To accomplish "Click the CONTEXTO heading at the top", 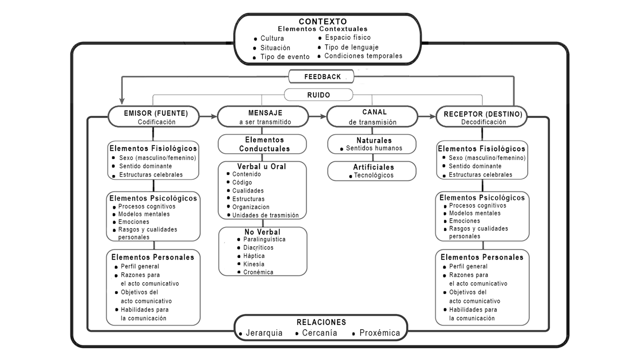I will (322, 22).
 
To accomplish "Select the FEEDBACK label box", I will (322, 77).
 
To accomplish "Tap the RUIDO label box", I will (319, 95).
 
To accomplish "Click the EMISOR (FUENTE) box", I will (156, 117).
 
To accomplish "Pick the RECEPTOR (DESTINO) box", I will (483, 117).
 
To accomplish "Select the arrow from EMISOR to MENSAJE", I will (208, 116).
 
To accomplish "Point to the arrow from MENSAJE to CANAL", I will (317, 116).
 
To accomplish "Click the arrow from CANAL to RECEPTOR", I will (426, 116).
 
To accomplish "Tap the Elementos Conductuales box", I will (264, 144).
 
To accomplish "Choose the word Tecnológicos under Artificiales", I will (374, 175).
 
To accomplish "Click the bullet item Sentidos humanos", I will (374, 148).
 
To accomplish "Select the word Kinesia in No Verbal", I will (254, 264).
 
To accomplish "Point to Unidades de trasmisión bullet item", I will (265, 215).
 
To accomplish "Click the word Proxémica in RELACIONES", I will (380, 333).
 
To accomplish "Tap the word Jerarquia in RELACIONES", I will (264, 333).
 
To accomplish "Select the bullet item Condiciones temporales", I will (363, 56).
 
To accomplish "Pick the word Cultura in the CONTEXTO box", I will (272, 38).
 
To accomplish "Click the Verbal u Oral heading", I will (262, 166).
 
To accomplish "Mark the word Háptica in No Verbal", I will (254, 256).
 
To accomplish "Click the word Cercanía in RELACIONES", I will (320, 333).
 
